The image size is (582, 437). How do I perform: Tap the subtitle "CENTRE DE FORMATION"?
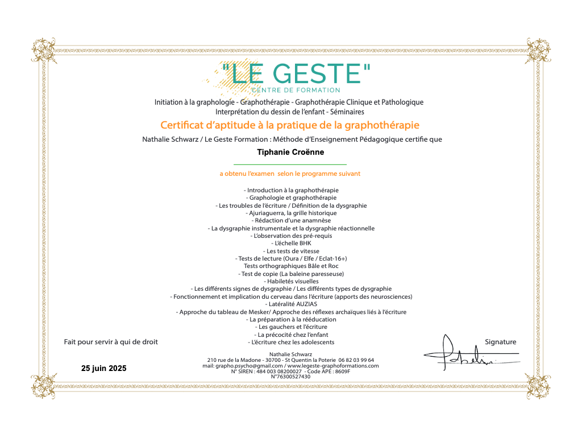[296, 90]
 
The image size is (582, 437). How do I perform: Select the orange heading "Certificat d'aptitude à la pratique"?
[290, 125]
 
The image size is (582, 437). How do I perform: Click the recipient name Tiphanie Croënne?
[290, 152]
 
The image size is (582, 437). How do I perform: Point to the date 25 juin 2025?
[104, 369]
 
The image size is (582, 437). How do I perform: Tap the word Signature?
[500, 342]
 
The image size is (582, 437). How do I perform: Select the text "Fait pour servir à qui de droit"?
[111, 342]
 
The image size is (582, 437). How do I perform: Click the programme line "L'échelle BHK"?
[290, 243]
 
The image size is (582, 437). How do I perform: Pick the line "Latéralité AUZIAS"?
[290, 304]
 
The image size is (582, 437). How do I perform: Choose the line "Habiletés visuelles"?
[291, 281]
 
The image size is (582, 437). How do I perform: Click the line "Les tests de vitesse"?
[291, 251]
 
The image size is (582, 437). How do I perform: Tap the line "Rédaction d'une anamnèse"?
[291, 220]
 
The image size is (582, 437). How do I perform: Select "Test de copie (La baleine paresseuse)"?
[291, 274]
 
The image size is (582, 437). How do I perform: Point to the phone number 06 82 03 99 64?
[356, 360]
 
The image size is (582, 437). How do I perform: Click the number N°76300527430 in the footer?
[290, 377]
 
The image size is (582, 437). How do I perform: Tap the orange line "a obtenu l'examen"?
[290, 174]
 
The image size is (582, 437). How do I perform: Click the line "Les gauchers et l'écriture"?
[291, 327]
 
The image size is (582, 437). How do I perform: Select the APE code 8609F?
[339, 371]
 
